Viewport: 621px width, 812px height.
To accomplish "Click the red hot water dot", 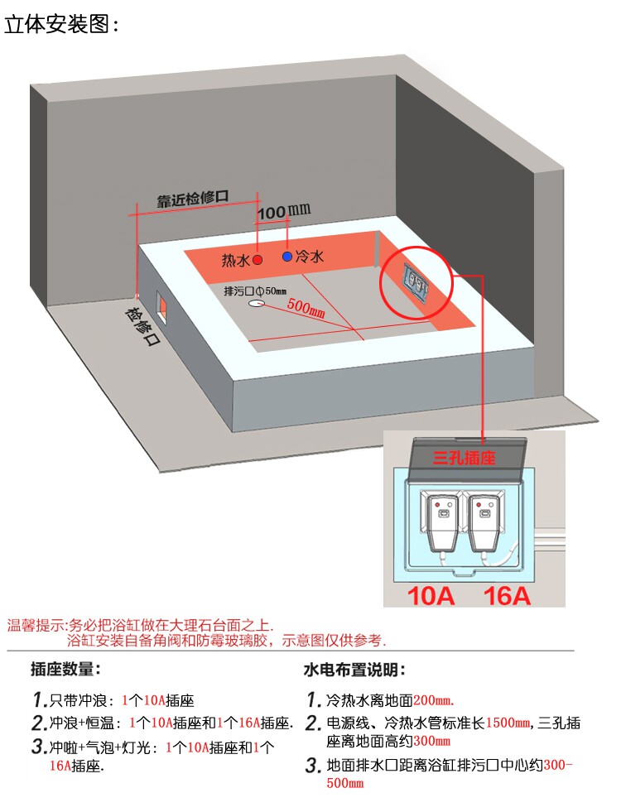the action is (x=258, y=259).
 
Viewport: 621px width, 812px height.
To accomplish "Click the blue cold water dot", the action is (x=287, y=256).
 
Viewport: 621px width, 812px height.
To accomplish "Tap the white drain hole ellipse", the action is (x=257, y=303).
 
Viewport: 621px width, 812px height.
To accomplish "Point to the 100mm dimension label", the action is (x=284, y=211).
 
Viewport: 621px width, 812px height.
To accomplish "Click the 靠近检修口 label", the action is (x=193, y=199).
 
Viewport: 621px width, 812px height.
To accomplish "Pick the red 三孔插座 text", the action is (x=464, y=458).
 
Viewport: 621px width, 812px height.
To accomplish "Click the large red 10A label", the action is (x=431, y=595).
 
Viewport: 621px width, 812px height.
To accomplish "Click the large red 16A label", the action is (x=507, y=595).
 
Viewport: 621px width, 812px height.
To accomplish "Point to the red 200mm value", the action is (x=433, y=700).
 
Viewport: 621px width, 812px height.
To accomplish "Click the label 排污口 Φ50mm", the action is (x=255, y=291).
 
